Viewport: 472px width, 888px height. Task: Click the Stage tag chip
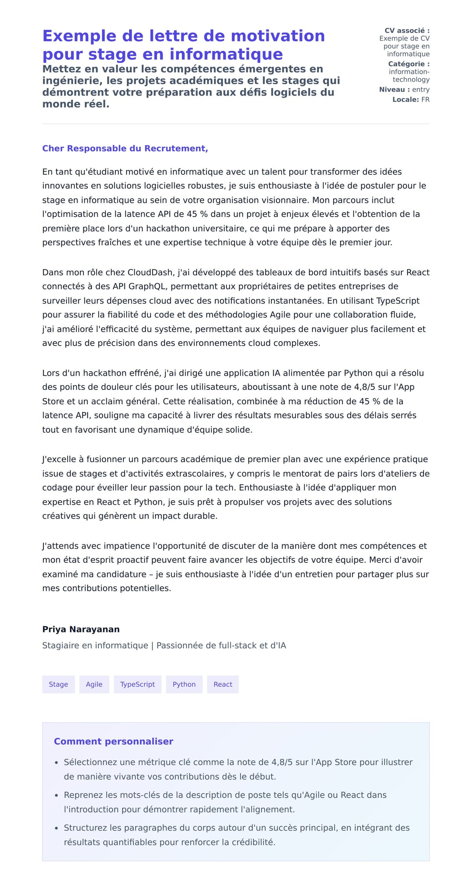[x=58, y=684]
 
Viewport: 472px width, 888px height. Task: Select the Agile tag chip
[x=94, y=684]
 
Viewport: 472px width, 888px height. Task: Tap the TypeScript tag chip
[x=137, y=684]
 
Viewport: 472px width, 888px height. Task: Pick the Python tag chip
[x=184, y=684]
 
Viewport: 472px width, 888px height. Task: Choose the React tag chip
[x=223, y=684]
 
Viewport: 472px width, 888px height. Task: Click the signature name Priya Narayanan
[x=81, y=629]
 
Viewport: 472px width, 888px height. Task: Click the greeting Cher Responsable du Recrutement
[x=125, y=148]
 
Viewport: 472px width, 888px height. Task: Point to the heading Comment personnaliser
[x=113, y=741]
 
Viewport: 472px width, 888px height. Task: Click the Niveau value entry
[x=420, y=89]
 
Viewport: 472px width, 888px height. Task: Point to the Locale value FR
[x=425, y=100]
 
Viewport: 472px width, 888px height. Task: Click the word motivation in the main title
[x=278, y=36]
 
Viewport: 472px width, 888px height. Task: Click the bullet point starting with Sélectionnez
[x=238, y=769]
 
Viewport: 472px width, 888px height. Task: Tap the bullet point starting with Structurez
[x=236, y=835]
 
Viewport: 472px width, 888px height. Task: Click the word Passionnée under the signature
[x=180, y=645]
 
